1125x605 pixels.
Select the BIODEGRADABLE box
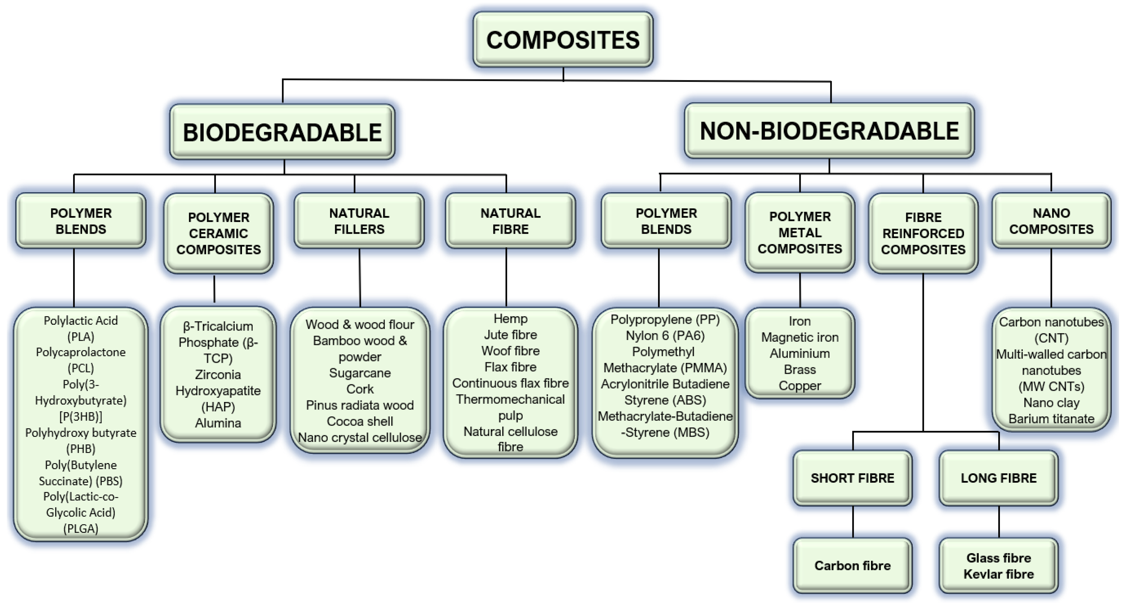(x=282, y=132)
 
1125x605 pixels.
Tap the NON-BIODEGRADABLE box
(x=829, y=131)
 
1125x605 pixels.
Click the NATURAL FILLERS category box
(x=359, y=221)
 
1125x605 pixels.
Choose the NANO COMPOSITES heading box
(x=1051, y=221)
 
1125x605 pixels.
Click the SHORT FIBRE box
(x=852, y=478)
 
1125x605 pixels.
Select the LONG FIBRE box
(x=998, y=478)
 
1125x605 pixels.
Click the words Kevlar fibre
(x=998, y=574)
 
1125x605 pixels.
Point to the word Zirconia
(x=217, y=375)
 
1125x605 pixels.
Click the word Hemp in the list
(x=510, y=318)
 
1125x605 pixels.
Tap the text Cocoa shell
(x=360, y=421)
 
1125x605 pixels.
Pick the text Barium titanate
(x=1051, y=419)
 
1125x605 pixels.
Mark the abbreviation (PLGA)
(x=81, y=529)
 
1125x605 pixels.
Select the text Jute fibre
(x=510, y=335)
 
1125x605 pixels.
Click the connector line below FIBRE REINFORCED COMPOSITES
(x=923, y=349)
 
